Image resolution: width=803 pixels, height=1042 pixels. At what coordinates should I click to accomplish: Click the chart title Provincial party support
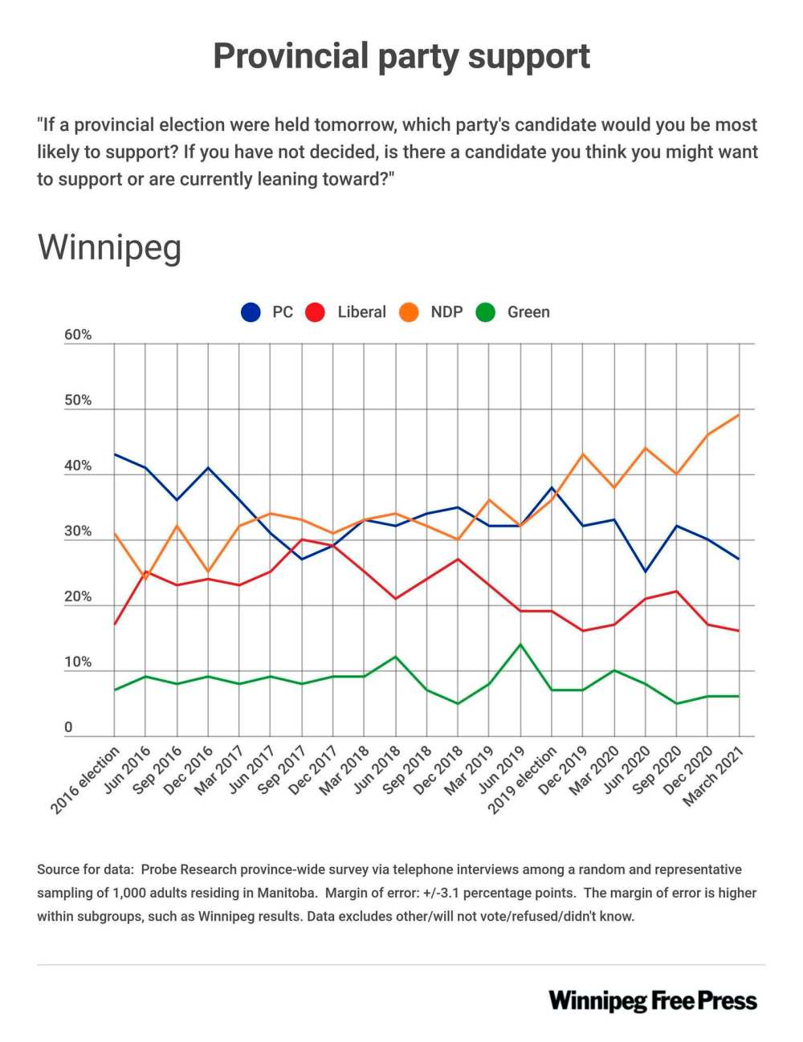pyautogui.click(x=401, y=57)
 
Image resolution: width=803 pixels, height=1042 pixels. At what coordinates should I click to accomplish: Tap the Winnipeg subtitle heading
pyautogui.click(x=109, y=248)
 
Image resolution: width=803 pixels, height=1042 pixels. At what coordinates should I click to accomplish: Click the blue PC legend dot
pyautogui.click(x=251, y=312)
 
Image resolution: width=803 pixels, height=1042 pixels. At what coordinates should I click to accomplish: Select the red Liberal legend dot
pyautogui.click(x=316, y=312)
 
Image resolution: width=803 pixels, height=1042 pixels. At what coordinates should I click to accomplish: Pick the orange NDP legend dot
pyautogui.click(x=409, y=312)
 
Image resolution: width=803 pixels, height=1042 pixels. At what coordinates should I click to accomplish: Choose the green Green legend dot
pyautogui.click(x=486, y=312)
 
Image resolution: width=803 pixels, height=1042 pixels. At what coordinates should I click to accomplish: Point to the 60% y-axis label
pyautogui.click(x=78, y=336)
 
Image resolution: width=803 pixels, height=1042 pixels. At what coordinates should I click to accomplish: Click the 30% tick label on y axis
pyautogui.click(x=78, y=531)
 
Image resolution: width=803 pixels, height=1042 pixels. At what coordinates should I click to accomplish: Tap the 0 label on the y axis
pyautogui.click(x=68, y=727)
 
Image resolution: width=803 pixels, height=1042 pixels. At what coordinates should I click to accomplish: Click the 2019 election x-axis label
pyautogui.click(x=524, y=779)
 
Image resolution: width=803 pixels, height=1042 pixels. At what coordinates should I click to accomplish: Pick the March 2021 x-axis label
pyautogui.click(x=714, y=775)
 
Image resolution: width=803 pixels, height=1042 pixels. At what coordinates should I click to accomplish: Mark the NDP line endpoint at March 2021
pyautogui.click(x=739, y=415)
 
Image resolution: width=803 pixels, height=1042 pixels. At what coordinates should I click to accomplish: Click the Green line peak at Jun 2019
pyautogui.click(x=520, y=645)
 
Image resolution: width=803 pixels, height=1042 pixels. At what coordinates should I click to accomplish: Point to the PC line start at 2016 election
pyautogui.click(x=115, y=454)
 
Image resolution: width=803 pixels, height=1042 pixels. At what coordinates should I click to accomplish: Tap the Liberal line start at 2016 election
pyautogui.click(x=115, y=625)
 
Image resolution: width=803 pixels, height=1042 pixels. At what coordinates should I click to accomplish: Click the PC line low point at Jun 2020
pyautogui.click(x=645, y=572)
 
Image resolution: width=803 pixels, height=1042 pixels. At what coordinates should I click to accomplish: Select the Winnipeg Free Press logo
pyautogui.click(x=653, y=1001)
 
